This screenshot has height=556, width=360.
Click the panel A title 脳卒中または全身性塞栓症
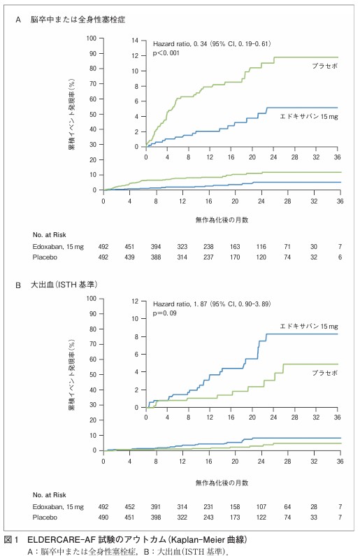(78, 20)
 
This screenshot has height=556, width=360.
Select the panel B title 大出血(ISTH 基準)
(64, 285)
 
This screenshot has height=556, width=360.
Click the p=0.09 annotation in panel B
(164, 313)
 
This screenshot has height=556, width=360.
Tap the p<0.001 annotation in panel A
(166, 53)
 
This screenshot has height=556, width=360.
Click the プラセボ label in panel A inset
(324, 66)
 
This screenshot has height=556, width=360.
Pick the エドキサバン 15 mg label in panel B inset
(309, 326)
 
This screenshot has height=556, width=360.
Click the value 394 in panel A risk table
(156, 247)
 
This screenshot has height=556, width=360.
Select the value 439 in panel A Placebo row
(129, 257)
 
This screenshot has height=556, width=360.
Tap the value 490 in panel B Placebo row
(103, 518)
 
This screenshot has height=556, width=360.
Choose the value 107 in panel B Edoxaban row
(261, 507)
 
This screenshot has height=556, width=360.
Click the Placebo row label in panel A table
(45, 257)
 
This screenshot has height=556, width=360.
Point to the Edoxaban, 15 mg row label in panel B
(58, 507)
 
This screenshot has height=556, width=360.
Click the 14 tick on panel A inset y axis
(135, 41)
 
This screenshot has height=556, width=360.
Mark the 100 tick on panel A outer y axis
(92, 38)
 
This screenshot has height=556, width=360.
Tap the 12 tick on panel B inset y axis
(135, 301)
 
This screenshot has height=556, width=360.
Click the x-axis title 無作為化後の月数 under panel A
(222, 220)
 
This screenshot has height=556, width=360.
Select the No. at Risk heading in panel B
(49, 495)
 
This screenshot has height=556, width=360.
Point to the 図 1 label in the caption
(11, 540)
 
